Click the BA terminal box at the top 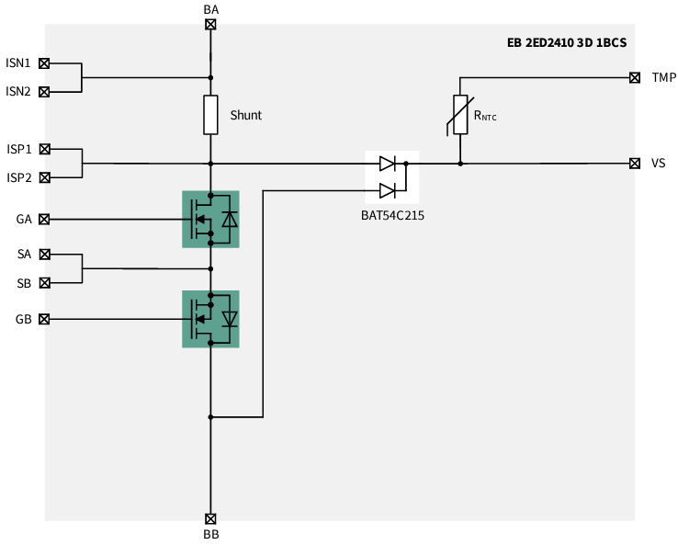tap(210, 25)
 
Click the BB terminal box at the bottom tap(210, 518)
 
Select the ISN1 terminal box tap(44, 63)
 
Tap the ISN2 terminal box tap(44, 91)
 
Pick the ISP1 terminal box tap(44, 149)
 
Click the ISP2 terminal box tap(44, 176)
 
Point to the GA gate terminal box tap(44, 219)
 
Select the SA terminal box tap(44, 254)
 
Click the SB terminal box tap(44, 283)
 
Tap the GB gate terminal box tap(44, 319)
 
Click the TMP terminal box tap(635, 77)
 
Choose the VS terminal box tap(635, 164)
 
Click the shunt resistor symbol tap(210, 115)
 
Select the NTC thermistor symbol tap(460, 115)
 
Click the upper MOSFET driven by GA tap(210, 219)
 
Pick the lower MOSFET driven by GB tap(210, 319)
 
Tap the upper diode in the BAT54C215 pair tap(388, 165)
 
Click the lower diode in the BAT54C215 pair tap(388, 190)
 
